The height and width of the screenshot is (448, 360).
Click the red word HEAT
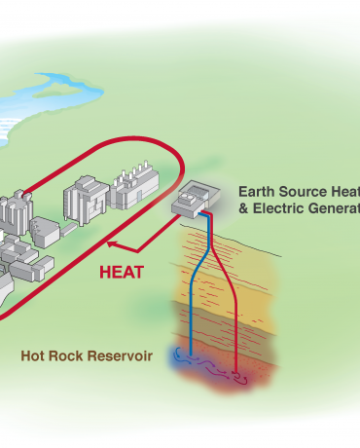(x=122, y=272)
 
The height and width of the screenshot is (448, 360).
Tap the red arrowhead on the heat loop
(x=110, y=245)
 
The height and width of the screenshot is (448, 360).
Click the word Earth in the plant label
(x=257, y=192)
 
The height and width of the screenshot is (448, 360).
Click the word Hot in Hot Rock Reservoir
(x=35, y=355)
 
